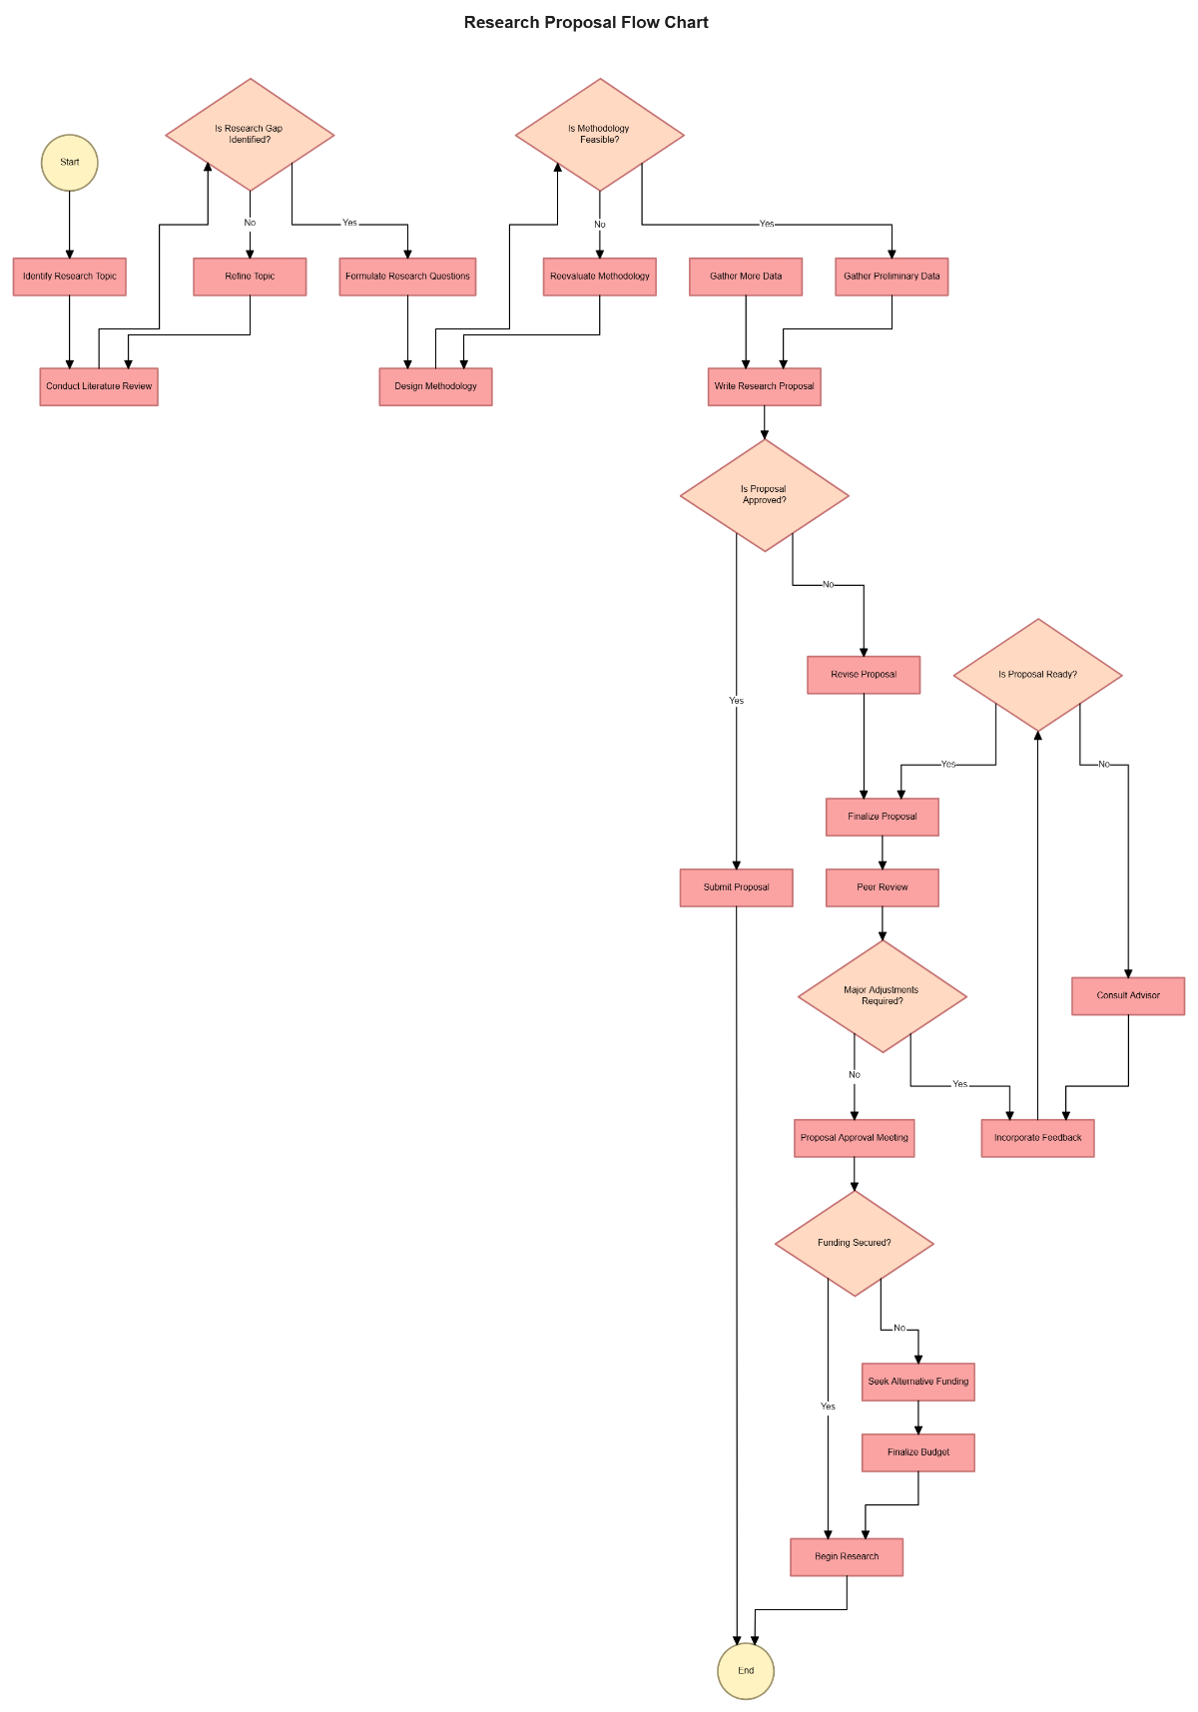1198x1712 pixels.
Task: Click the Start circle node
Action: click(69, 163)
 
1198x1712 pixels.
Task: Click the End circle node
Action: click(746, 1670)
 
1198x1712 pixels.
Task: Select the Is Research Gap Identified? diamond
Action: click(250, 135)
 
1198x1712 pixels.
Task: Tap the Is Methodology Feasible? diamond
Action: click(599, 135)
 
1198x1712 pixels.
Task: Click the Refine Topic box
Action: click(250, 277)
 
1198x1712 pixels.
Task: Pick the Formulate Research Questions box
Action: click(407, 277)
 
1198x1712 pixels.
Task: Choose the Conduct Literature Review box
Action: click(99, 386)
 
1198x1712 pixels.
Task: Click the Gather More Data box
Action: click(746, 277)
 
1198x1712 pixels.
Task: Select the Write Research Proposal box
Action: click(764, 386)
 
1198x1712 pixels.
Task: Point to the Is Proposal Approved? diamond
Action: click(764, 495)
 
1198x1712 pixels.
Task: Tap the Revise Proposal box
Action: click(864, 675)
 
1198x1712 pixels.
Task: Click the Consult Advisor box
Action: click(1128, 995)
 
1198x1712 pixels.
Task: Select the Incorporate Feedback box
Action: click(1037, 1138)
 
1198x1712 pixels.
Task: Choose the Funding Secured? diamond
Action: click(854, 1243)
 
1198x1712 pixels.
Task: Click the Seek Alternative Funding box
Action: click(918, 1382)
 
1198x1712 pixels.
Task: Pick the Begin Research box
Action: click(847, 1556)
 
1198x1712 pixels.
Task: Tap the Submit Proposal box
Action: click(736, 887)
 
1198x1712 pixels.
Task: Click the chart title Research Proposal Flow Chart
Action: click(586, 22)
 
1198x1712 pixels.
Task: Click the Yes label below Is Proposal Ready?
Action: click(948, 764)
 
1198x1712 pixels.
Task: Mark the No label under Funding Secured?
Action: click(899, 1328)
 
